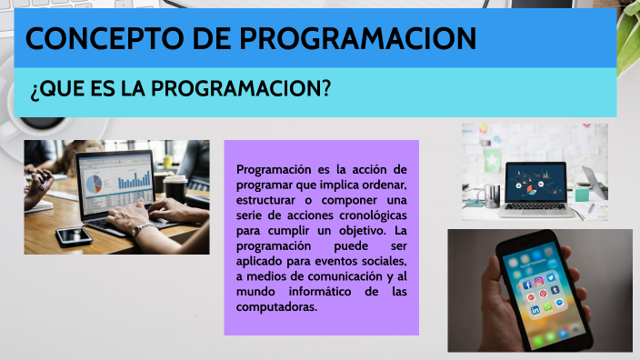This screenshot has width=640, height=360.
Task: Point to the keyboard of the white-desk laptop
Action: pyautogui.click(x=539, y=204)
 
